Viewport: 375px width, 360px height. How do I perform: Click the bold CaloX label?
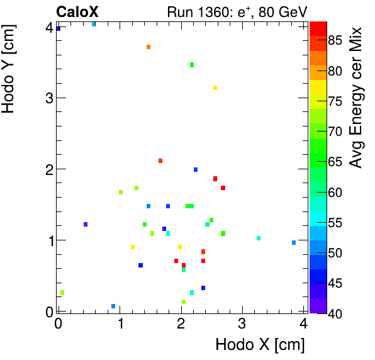(x=77, y=11)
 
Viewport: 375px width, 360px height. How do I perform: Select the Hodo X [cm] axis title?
(x=260, y=345)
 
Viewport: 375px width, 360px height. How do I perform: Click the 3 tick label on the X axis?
(x=242, y=323)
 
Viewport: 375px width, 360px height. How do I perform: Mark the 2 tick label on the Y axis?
(x=48, y=169)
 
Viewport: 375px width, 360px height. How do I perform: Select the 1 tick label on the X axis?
(x=120, y=323)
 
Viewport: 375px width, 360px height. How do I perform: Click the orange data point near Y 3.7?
(x=148, y=47)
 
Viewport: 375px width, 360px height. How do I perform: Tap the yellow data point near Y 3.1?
(x=215, y=87)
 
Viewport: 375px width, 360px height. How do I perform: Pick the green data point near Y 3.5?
(x=192, y=65)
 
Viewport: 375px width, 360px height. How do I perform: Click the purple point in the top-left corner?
(x=59, y=29)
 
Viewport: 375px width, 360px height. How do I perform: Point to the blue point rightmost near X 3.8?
(x=294, y=242)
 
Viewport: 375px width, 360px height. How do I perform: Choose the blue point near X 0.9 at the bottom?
(x=113, y=307)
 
